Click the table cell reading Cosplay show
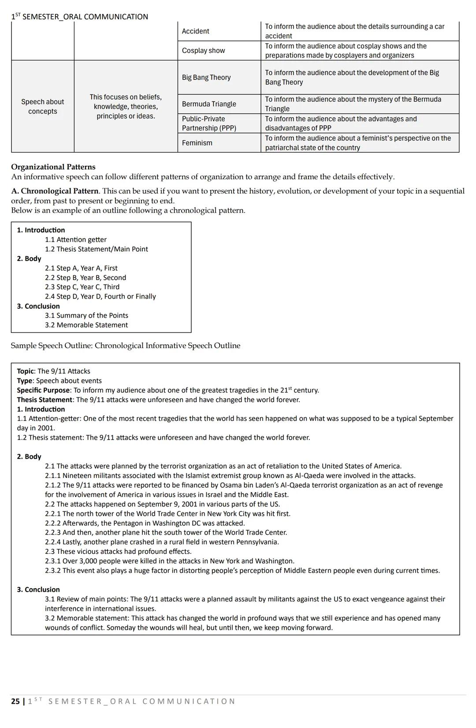coord(204,51)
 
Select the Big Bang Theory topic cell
coord(206,78)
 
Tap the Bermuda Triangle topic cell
coord(209,104)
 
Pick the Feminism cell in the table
coord(197,143)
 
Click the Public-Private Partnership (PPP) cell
coord(209,123)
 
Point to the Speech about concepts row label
coord(43,107)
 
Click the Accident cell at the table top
coord(196,31)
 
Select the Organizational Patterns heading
coord(53,167)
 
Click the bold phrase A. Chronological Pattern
coord(55,191)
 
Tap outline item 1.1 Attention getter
coord(76,239)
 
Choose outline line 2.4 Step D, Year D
coord(100,296)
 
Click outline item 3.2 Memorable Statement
coord(86,325)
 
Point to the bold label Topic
coord(25,371)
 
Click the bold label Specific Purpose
coord(43,390)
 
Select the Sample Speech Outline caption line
coord(126,346)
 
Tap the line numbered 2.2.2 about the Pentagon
coord(145,523)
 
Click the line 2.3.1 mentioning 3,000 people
coord(170,561)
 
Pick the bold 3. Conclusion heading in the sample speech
coord(38,590)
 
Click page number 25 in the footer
coord(15,701)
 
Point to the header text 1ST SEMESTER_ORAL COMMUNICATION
coord(80,17)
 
